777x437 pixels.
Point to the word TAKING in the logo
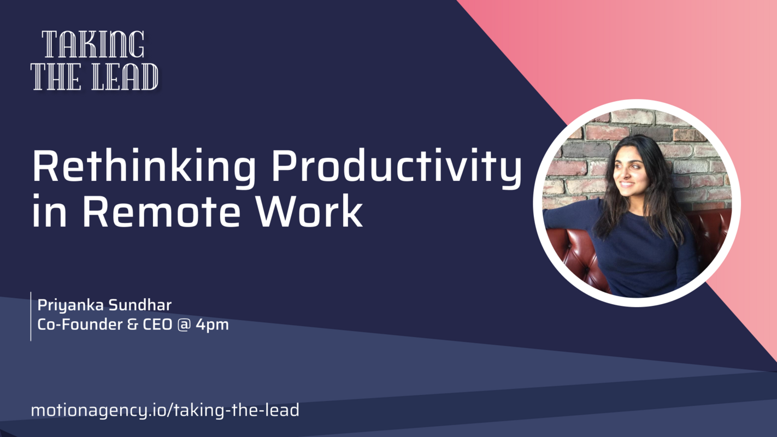pos(93,45)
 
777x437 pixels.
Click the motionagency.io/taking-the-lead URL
pos(165,410)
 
